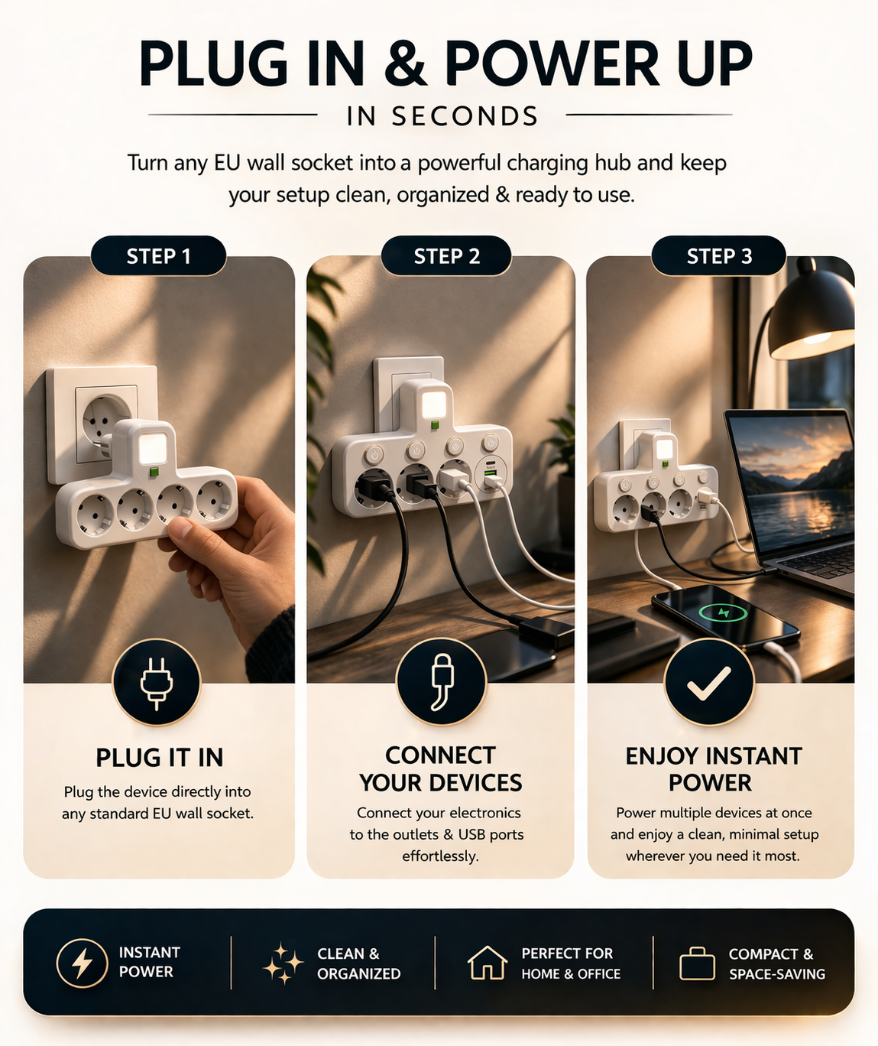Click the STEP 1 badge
[x=158, y=256]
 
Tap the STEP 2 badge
[x=446, y=256]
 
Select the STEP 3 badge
[x=719, y=256]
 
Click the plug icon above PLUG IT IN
[x=157, y=683]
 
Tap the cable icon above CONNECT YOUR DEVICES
[x=441, y=682]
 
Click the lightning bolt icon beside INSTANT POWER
[x=82, y=963]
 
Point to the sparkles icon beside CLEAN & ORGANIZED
[x=283, y=963]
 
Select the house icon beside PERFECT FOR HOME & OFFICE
[x=487, y=963]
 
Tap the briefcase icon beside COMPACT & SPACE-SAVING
[x=697, y=963]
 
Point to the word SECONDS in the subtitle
[x=465, y=116]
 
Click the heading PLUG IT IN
[x=159, y=758]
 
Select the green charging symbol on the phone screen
[x=723, y=612]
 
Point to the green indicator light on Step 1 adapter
[x=154, y=472]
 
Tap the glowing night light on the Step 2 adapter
[x=433, y=404]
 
